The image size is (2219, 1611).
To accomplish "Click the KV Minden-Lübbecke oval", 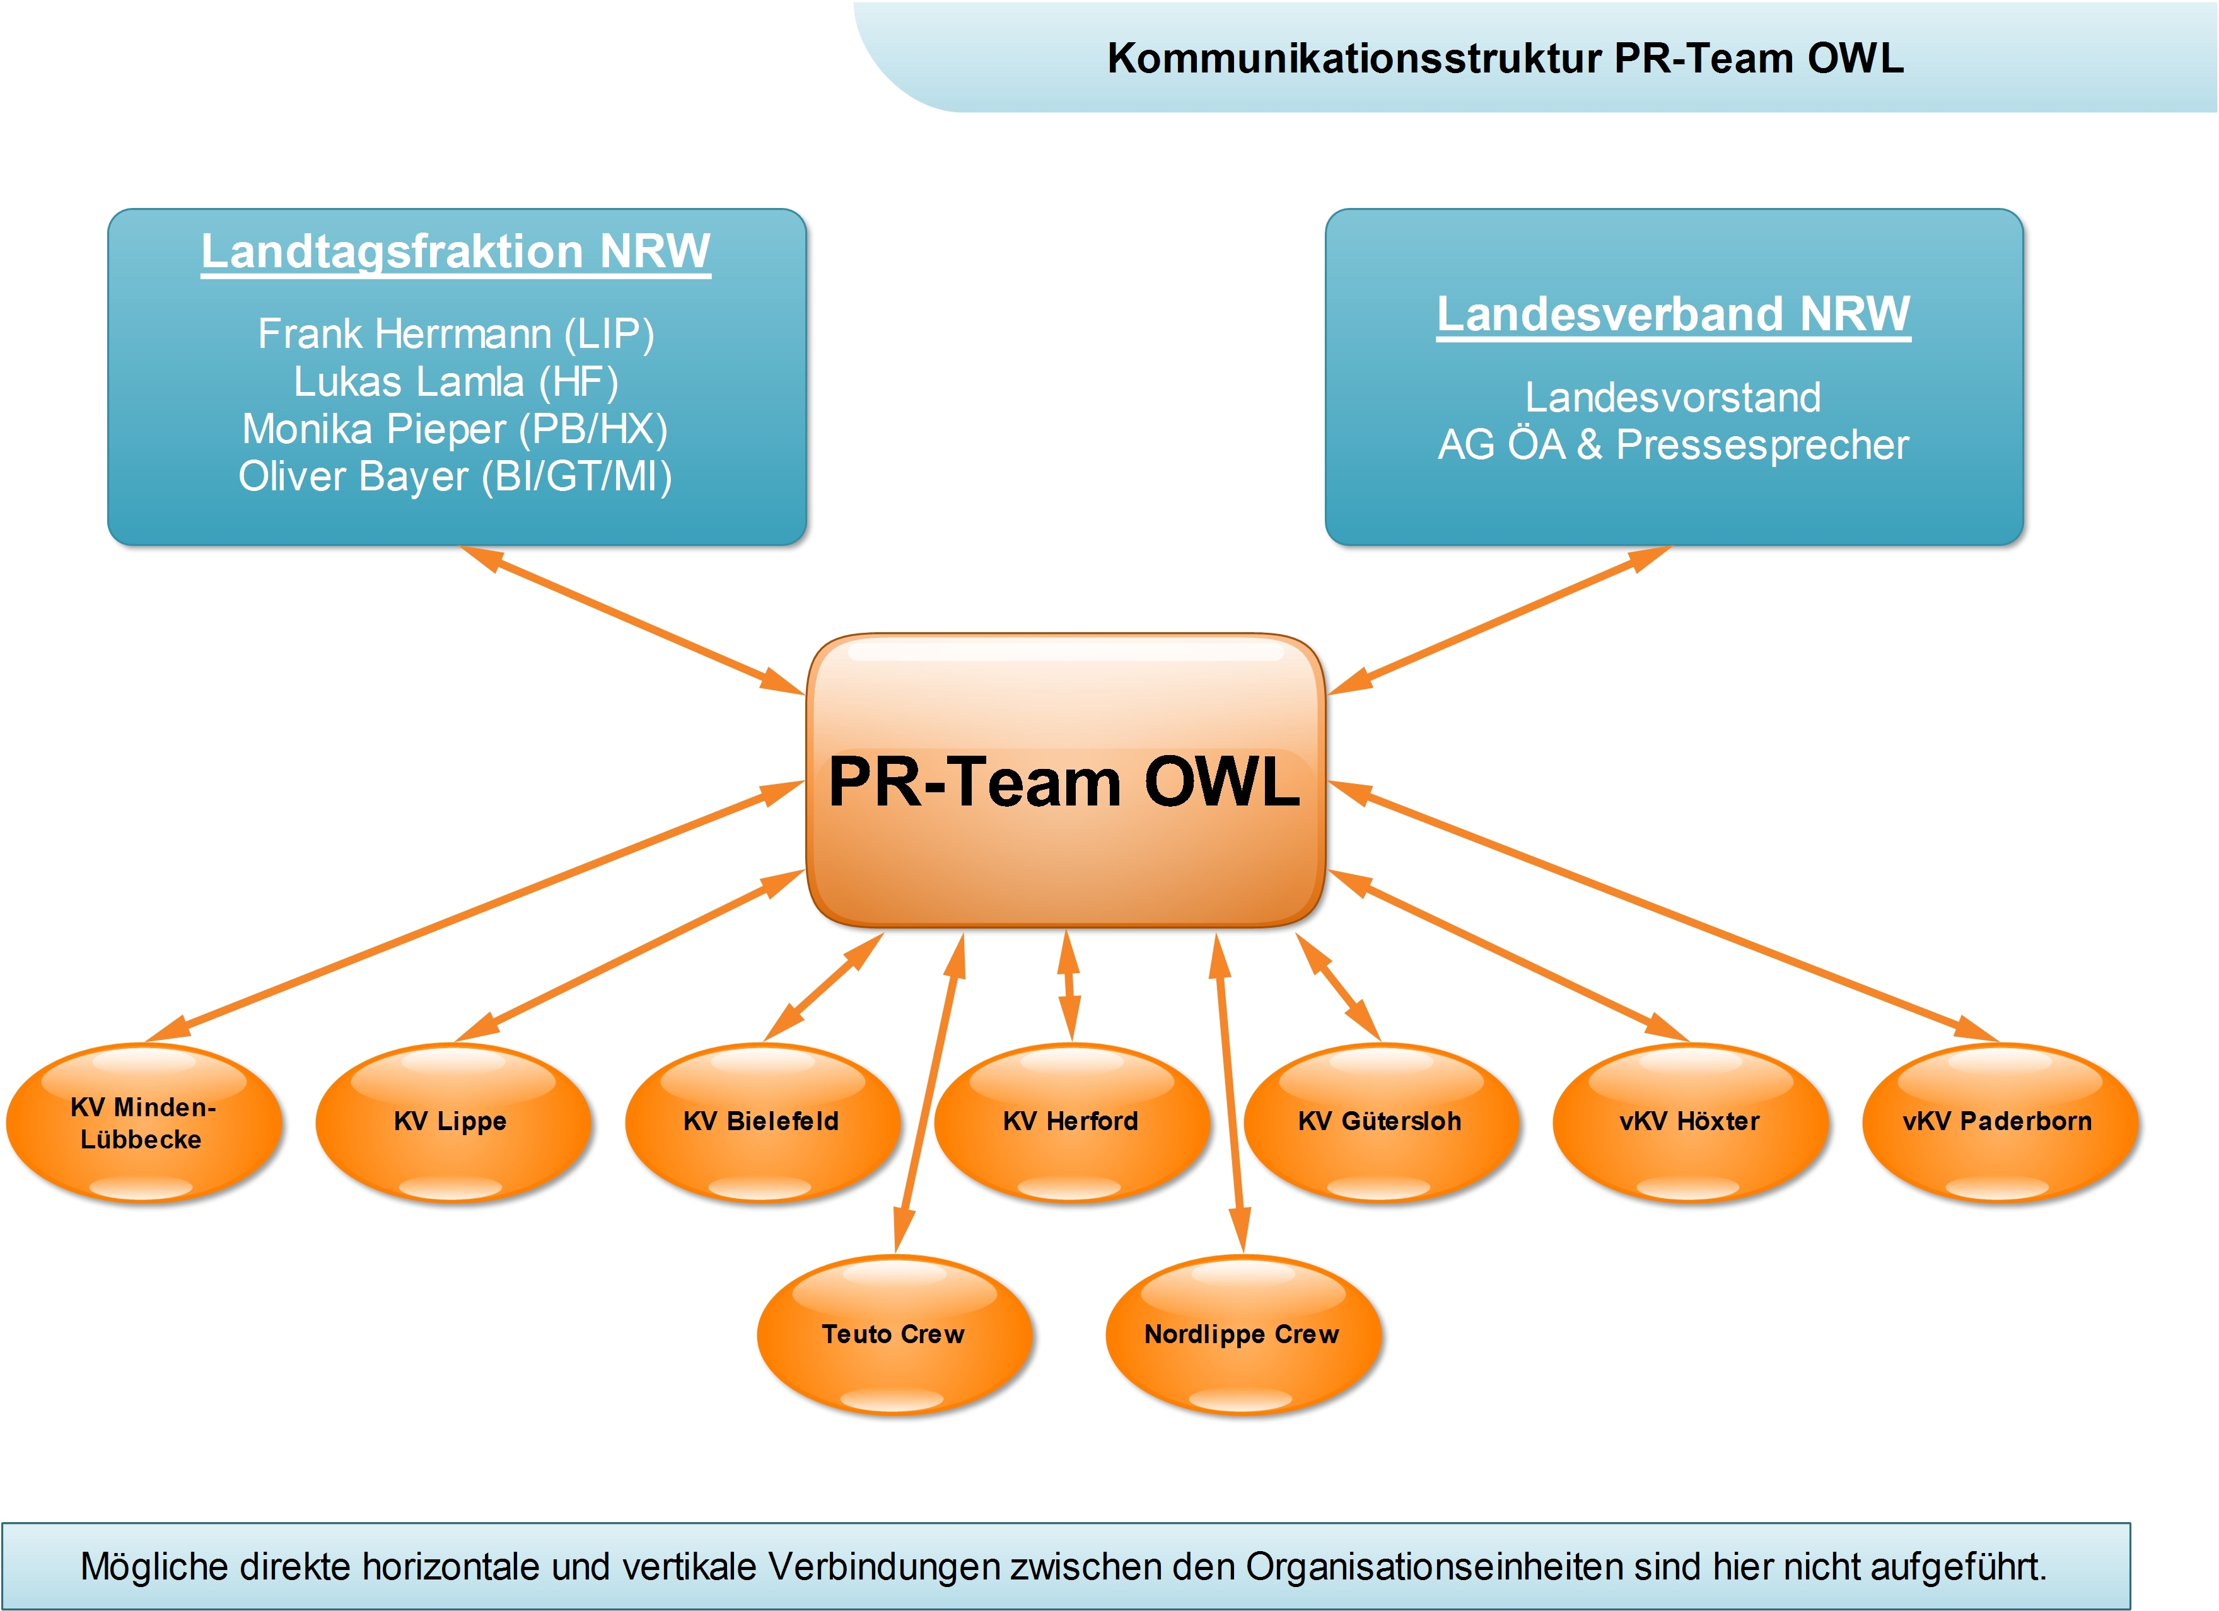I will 143,1123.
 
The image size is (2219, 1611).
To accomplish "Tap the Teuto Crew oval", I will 894,1334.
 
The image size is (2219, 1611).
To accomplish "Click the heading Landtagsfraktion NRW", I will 456,251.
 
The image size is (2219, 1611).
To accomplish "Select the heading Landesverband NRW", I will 1673,314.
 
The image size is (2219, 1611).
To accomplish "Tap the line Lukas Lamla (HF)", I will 456,381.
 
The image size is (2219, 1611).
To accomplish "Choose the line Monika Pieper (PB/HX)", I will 456,429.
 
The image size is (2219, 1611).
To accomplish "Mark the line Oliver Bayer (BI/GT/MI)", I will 456,476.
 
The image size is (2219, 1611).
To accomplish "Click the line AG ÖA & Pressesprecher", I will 1673,444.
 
